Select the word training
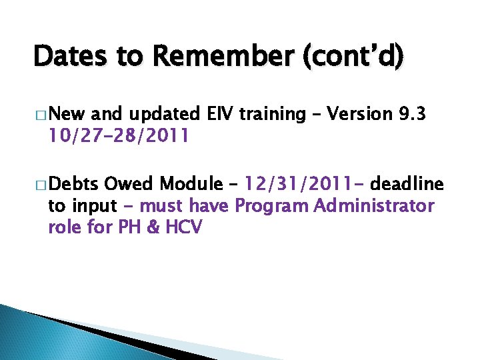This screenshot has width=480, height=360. [277, 115]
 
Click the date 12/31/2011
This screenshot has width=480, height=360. [300, 183]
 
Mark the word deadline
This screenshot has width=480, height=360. [406, 183]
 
